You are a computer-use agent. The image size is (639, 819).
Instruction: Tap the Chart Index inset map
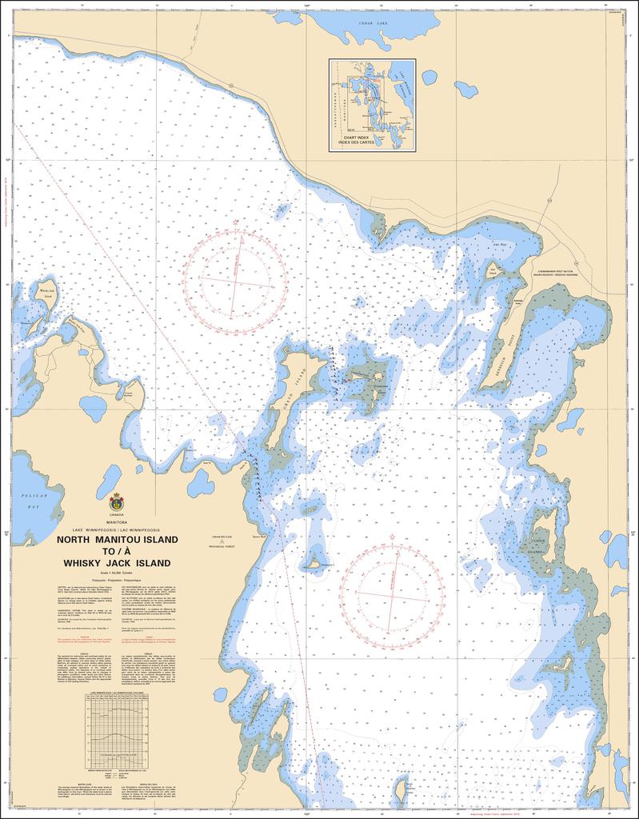tap(372, 104)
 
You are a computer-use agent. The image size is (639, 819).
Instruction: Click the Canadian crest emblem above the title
tap(116, 503)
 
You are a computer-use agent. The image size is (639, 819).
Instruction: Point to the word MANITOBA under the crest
tap(116, 523)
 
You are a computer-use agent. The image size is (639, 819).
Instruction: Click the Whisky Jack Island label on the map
tap(47, 294)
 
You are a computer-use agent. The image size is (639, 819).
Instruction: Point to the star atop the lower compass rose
tap(392, 536)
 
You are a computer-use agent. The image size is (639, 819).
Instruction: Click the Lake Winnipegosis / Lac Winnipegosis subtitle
tap(116, 530)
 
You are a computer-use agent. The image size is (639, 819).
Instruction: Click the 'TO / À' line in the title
tap(116, 551)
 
